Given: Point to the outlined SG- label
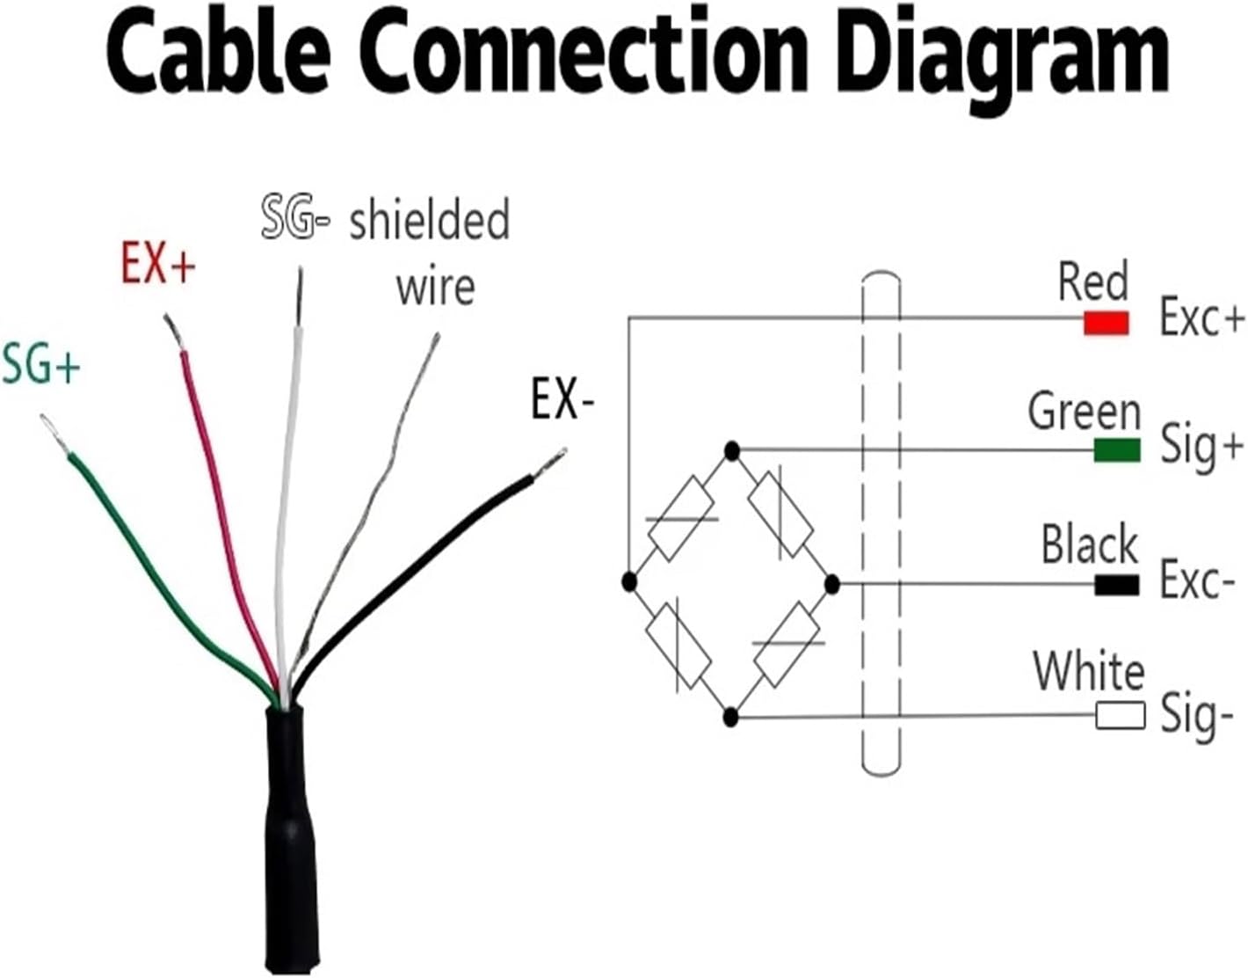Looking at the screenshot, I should (x=295, y=219).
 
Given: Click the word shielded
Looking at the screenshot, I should (x=429, y=219).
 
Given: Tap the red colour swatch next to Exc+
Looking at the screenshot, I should (x=1106, y=323).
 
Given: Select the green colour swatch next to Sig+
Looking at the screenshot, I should (x=1116, y=450).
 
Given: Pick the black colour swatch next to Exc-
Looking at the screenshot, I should (x=1116, y=584).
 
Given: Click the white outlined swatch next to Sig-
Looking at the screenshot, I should (x=1120, y=715).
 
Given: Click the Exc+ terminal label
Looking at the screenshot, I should (x=1201, y=317).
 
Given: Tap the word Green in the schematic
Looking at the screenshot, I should (x=1084, y=411).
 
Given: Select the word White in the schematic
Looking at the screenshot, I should (x=1088, y=672).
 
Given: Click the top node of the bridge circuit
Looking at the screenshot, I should (x=731, y=452).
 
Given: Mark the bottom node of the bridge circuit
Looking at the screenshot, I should (x=731, y=717).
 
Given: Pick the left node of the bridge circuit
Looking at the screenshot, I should (x=628, y=581).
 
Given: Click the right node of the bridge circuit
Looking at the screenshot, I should (x=832, y=583).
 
